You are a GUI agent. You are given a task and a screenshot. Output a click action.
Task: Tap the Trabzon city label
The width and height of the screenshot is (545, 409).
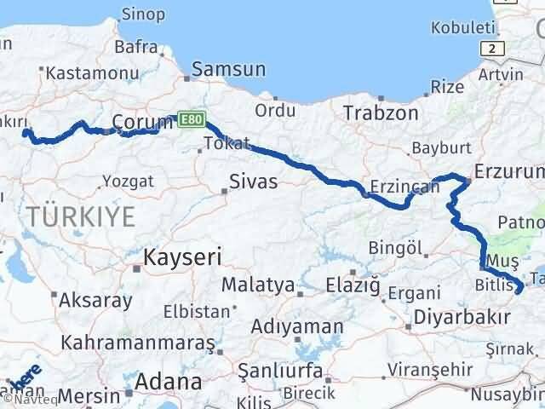381,112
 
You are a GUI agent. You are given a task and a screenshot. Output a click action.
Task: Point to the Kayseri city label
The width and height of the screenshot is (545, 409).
182,256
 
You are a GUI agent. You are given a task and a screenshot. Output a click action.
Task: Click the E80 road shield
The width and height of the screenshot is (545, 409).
192,120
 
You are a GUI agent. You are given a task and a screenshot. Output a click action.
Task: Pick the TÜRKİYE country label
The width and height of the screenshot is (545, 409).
80,216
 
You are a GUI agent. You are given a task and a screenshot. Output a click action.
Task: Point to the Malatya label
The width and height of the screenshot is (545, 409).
257,285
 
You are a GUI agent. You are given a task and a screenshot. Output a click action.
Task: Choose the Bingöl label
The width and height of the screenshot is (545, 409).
396,248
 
